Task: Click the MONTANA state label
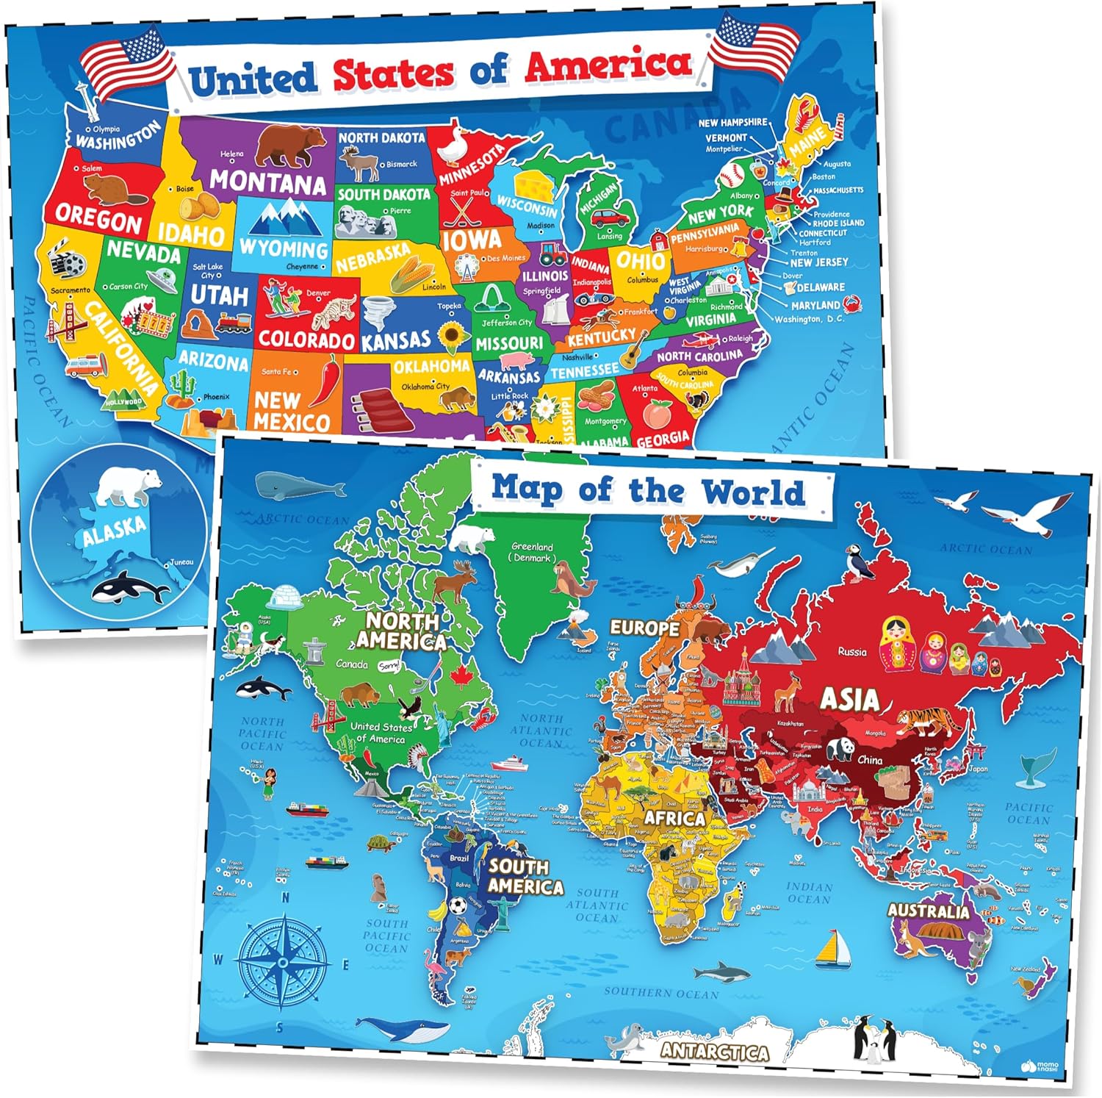(x=267, y=181)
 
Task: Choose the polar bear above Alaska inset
(x=129, y=485)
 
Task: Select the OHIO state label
(x=640, y=260)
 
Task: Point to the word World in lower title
(x=753, y=492)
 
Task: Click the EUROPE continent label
(x=644, y=628)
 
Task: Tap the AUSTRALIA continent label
(x=928, y=911)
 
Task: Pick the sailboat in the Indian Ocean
(x=832, y=947)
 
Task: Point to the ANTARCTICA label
(x=713, y=1051)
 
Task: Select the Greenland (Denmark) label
(x=532, y=552)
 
